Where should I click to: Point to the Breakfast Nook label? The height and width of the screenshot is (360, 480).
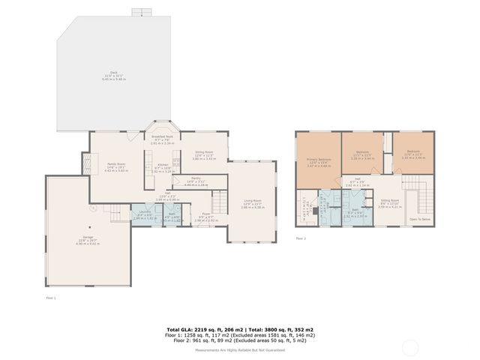click(x=163, y=137)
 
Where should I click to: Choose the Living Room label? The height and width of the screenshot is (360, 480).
click(x=251, y=201)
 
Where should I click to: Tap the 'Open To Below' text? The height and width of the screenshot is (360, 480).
click(x=419, y=219)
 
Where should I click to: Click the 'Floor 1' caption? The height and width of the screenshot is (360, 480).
click(x=52, y=298)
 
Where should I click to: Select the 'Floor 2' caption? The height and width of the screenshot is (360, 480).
click(x=301, y=238)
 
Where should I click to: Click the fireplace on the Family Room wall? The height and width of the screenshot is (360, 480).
click(x=86, y=163)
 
